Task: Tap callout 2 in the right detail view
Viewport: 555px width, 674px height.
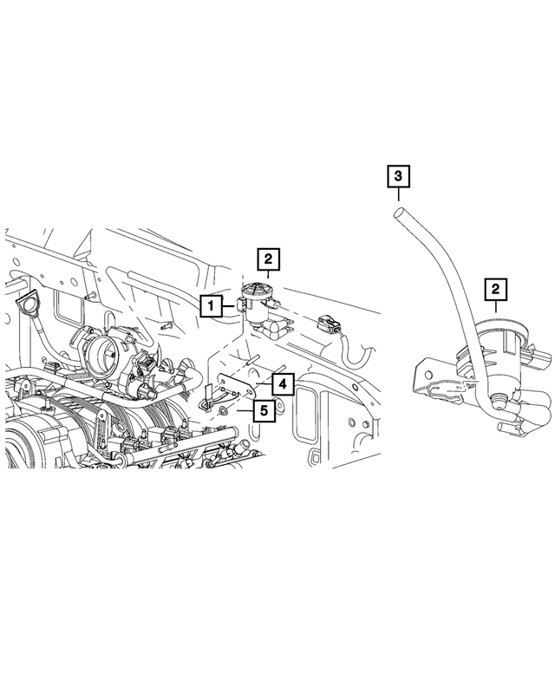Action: [495, 290]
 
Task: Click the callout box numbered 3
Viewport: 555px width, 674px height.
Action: [398, 177]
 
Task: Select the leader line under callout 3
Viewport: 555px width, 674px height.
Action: [398, 195]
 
